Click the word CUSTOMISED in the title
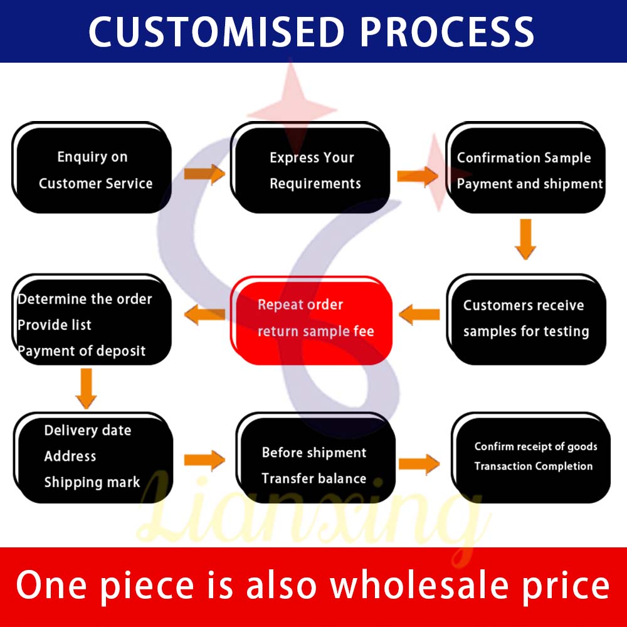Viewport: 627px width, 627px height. (x=217, y=31)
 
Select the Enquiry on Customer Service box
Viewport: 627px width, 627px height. (x=92, y=167)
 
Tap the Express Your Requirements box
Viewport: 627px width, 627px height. (x=310, y=167)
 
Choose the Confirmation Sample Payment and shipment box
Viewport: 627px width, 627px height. (x=525, y=167)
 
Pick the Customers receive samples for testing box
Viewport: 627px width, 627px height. (x=526, y=319)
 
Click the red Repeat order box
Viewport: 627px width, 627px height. (x=311, y=320)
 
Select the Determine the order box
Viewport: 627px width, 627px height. (x=92, y=319)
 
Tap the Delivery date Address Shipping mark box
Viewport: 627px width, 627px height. (x=93, y=458)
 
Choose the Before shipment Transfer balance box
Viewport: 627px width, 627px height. (x=315, y=458)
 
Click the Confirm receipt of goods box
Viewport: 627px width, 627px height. (x=530, y=458)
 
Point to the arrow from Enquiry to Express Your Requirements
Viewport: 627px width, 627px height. (x=204, y=174)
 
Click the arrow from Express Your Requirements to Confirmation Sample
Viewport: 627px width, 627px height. (x=418, y=176)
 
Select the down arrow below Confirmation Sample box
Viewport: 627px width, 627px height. (x=525, y=239)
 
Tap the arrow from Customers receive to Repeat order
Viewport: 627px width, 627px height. (x=419, y=315)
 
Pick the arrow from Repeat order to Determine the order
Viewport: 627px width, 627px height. (x=204, y=315)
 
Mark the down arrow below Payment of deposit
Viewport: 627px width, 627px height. (x=86, y=389)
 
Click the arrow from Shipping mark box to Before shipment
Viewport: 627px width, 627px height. (x=204, y=460)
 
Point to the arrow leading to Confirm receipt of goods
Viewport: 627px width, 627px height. (x=419, y=464)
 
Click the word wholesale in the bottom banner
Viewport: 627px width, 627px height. (x=419, y=586)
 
